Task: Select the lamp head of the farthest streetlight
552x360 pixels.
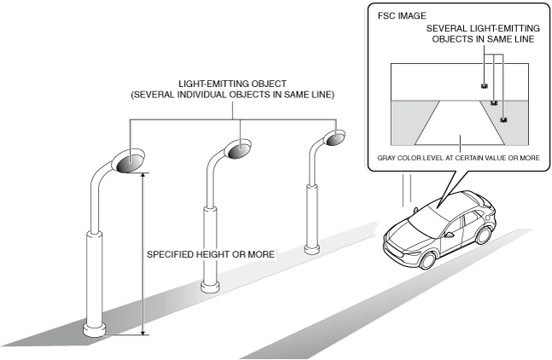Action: pyautogui.click(x=335, y=137)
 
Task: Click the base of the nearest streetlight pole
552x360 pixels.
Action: pyautogui.click(x=94, y=328)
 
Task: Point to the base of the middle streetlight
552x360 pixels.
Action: pyautogui.click(x=209, y=286)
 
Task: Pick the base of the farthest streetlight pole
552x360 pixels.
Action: pyautogui.click(x=312, y=249)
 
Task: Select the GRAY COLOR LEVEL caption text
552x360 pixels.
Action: pyautogui.click(x=458, y=158)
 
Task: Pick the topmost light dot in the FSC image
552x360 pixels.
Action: pyautogui.click(x=484, y=86)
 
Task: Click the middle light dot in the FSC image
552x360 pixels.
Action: pyautogui.click(x=493, y=102)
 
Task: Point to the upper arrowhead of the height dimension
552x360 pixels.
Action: pyautogui.click(x=143, y=173)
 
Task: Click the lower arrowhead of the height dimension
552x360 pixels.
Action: pyautogui.click(x=143, y=334)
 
